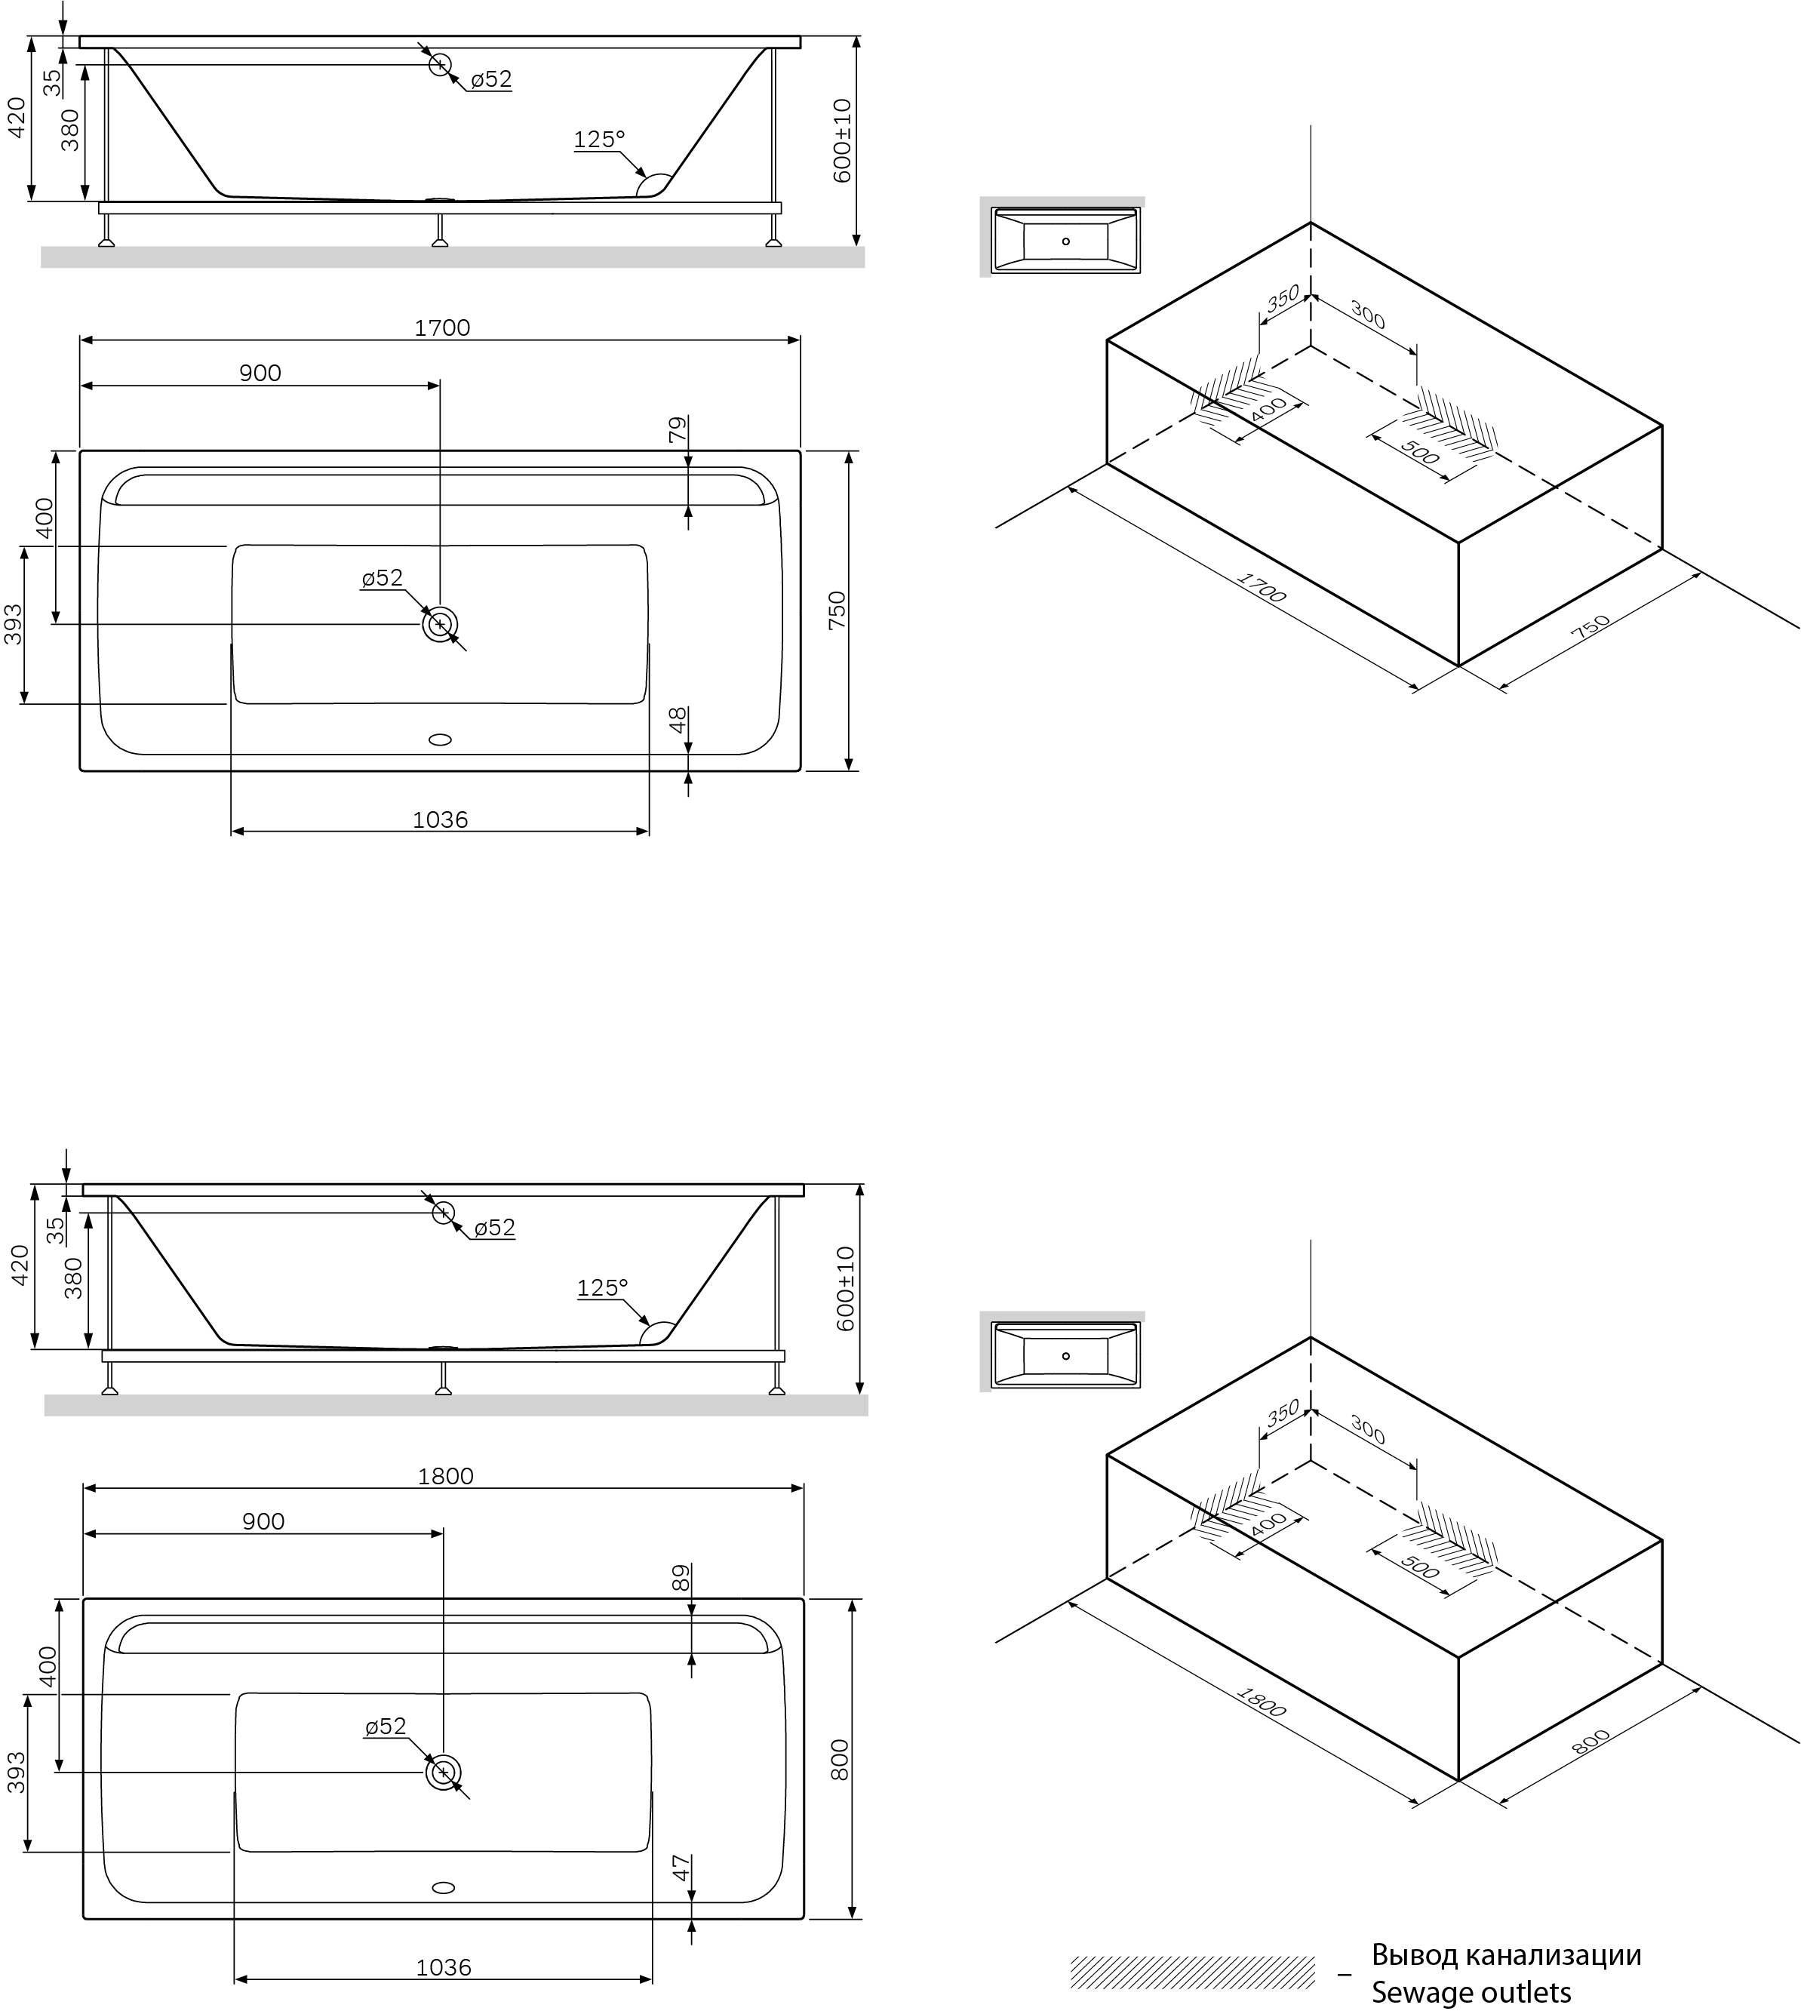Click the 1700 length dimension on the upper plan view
click(441, 327)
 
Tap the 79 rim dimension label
click(678, 429)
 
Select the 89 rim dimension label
click(680, 1578)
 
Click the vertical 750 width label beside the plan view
click(837, 610)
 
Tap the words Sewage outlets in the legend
click(1471, 1991)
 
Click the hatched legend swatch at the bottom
click(1192, 1973)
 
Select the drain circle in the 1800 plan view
click(444, 1773)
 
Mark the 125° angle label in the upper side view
click(600, 140)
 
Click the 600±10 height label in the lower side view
click(845, 1287)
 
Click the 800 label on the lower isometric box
click(1591, 1741)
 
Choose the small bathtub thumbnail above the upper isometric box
click(1066, 241)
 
